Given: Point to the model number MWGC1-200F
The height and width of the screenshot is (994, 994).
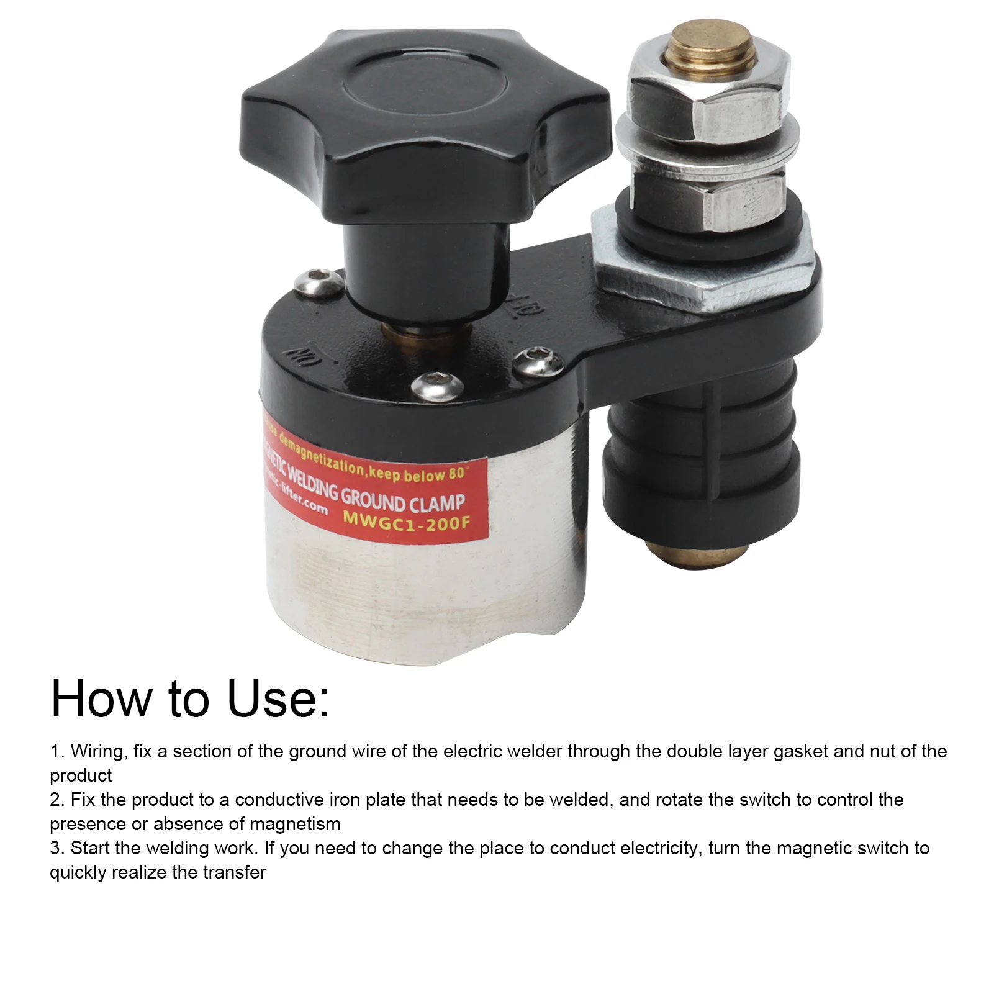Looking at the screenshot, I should coord(407,519).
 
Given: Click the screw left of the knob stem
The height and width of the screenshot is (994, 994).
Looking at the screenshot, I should coord(319,282).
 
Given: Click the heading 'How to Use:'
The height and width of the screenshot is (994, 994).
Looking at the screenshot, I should coord(190,698).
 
